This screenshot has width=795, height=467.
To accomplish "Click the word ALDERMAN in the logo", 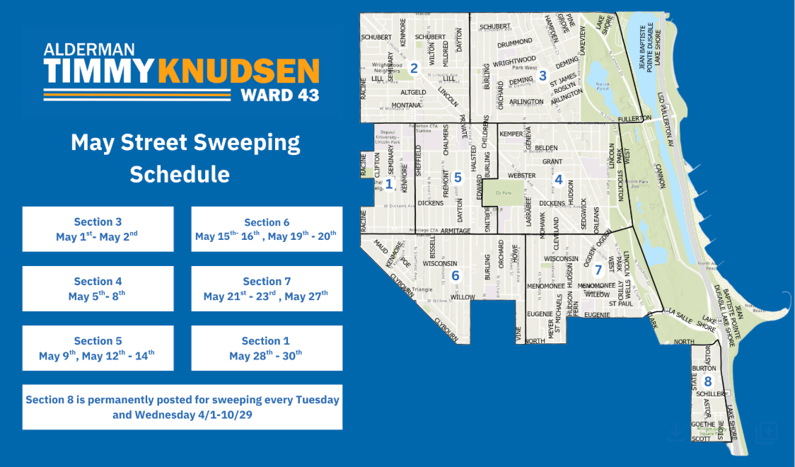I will [x=89, y=49].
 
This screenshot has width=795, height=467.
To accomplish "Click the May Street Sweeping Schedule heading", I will [x=185, y=158].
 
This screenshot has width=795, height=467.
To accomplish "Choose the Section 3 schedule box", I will [x=98, y=229].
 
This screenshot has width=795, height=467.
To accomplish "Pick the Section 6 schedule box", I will [x=267, y=229].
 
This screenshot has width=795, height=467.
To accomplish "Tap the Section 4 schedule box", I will [x=98, y=289].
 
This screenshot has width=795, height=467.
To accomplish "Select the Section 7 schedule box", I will [x=267, y=289].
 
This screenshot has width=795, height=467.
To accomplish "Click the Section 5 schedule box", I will [x=98, y=348].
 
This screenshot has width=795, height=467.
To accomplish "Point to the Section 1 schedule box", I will [x=267, y=348].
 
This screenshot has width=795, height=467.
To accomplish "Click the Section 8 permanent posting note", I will [x=182, y=407].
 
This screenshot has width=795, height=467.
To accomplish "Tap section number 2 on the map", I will [x=414, y=69].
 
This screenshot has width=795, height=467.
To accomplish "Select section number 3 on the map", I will [x=542, y=76].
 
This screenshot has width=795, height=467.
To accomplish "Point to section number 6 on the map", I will [x=455, y=275].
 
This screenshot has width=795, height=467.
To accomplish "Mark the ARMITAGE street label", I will [x=455, y=231].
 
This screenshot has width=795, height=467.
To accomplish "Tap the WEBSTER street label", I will [x=522, y=175].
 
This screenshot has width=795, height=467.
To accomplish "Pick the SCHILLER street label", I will [x=710, y=394].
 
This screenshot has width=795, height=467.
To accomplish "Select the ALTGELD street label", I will [x=413, y=92].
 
